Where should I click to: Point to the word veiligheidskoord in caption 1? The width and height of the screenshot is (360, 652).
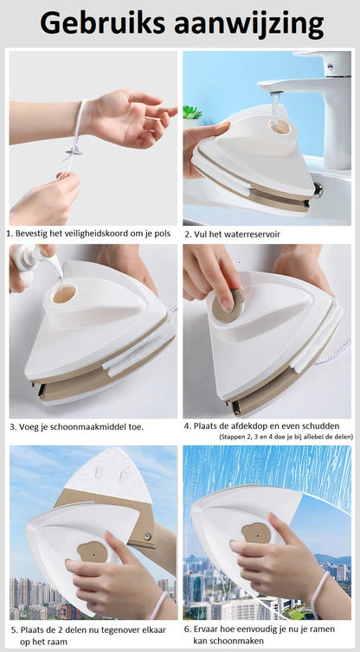coord(100,233)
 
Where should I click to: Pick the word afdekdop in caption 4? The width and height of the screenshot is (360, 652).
coord(255,426)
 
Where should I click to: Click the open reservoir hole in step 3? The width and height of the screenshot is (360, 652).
coord(65,295)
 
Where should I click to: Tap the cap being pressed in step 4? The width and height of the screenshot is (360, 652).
coord(228,304)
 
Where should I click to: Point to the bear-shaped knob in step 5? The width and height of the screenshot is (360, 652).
coord(92,550)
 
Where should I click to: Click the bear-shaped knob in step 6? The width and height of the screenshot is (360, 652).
coord(256,534)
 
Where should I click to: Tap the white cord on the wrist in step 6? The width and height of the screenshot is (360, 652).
coord(320,593)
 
